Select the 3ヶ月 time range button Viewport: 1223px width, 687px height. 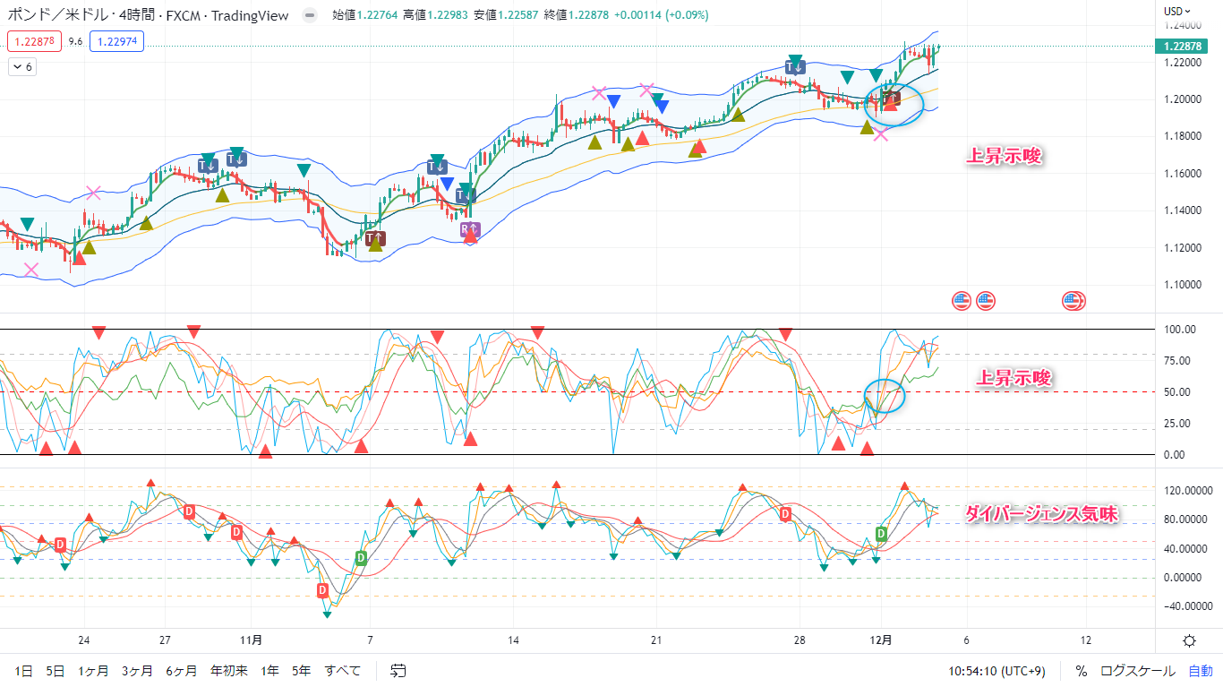137,670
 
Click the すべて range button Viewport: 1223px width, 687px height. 343,670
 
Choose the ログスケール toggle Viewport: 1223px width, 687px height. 1138,670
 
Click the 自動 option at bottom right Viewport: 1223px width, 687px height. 1201,670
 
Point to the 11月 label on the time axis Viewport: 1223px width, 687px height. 252,640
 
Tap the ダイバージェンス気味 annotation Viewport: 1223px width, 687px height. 1041,514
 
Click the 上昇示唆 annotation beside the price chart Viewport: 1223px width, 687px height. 1005,157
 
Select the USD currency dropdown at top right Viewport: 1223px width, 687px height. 1176,12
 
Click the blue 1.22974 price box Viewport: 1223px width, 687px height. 117,41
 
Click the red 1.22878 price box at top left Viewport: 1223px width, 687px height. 34,41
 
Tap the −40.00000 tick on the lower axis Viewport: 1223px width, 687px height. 1180,605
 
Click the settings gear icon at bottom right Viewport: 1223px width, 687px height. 1189,640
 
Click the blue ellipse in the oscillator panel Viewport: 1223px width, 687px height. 885,395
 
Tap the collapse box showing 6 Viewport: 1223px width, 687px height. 22,67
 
